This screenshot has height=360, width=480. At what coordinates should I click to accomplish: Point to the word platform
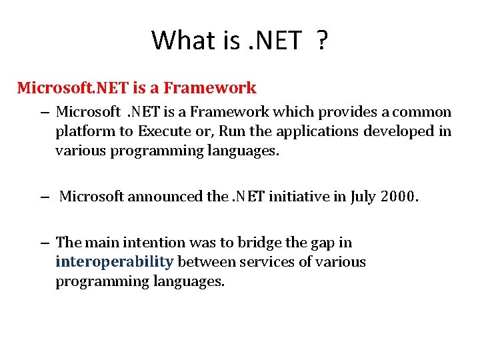[x=83, y=131]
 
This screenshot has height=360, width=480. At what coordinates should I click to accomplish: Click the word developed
[x=399, y=131]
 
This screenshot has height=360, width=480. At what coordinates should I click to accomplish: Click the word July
[x=363, y=197]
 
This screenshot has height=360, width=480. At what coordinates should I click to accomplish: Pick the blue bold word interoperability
[x=115, y=262]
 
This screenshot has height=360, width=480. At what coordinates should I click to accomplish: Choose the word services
[x=270, y=262]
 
